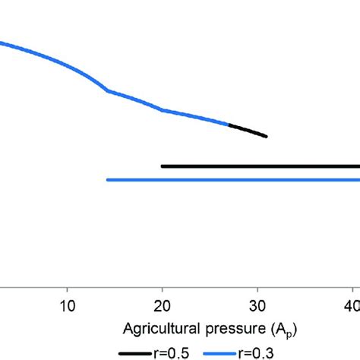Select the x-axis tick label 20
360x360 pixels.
(x=162, y=309)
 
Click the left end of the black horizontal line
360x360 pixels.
(x=163, y=166)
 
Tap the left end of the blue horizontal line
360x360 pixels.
(x=109, y=180)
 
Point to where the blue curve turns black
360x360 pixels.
(x=229, y=124)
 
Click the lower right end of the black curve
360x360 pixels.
(x=266, y=137)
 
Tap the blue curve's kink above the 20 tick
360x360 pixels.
(x=162, y=110)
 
